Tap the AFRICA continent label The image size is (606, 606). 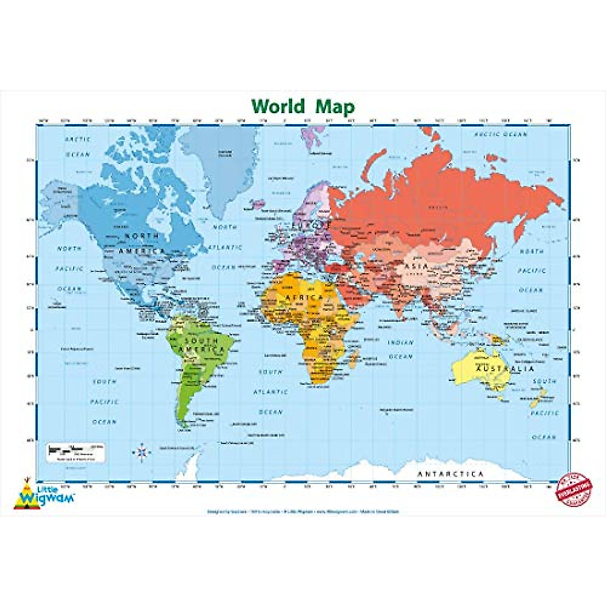click(305, 297)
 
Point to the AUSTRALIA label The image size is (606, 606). click(495, 369)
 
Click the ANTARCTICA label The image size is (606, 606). click(450, 474)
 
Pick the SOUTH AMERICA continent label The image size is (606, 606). click(201, 345)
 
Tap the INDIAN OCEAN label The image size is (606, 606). click(400, 349)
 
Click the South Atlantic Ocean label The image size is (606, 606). click(270, 391)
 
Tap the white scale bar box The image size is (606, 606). click(76, 450)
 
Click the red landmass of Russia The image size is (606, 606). click(444, 197)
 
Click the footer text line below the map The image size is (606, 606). click(303, 511)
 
